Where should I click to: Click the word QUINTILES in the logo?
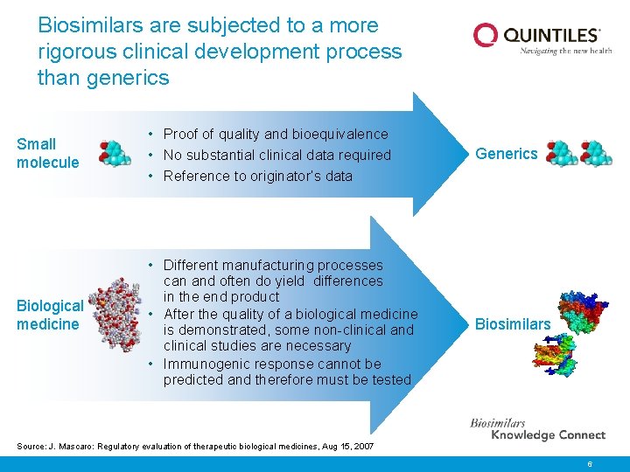tap(551, 35)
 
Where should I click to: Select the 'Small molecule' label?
tap(47, 153)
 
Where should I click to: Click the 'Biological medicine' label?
tap(50, 315)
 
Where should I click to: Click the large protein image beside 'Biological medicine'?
tap(114, 316)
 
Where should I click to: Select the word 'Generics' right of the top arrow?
tap(506, 154)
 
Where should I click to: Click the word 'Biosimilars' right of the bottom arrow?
tap(513, 324)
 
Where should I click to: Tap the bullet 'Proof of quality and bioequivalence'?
tap(275, 134)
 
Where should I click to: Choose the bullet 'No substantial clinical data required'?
tap(276, 155)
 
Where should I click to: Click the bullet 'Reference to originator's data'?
tap(257, 176)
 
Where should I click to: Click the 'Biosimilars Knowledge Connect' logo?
tap(537, 429)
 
